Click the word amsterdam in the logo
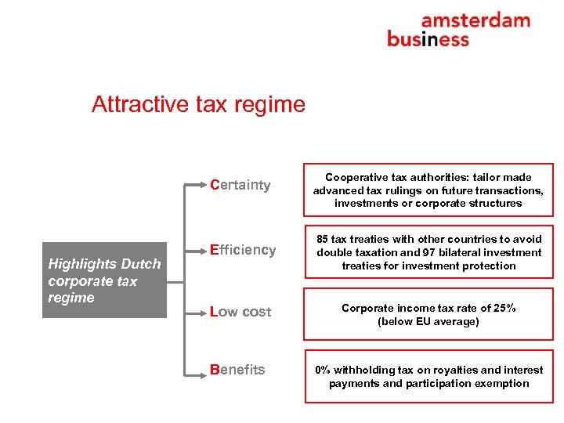(475, 20)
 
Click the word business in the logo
(428, 38)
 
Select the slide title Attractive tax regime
(198, 104)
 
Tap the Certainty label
(240, 186)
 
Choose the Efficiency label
(243, 250)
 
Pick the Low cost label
(240, 312)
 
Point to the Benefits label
(237, 370)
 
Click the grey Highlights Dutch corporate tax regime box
(104, 280)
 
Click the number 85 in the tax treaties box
(324, 239)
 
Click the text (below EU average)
(428, 321)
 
